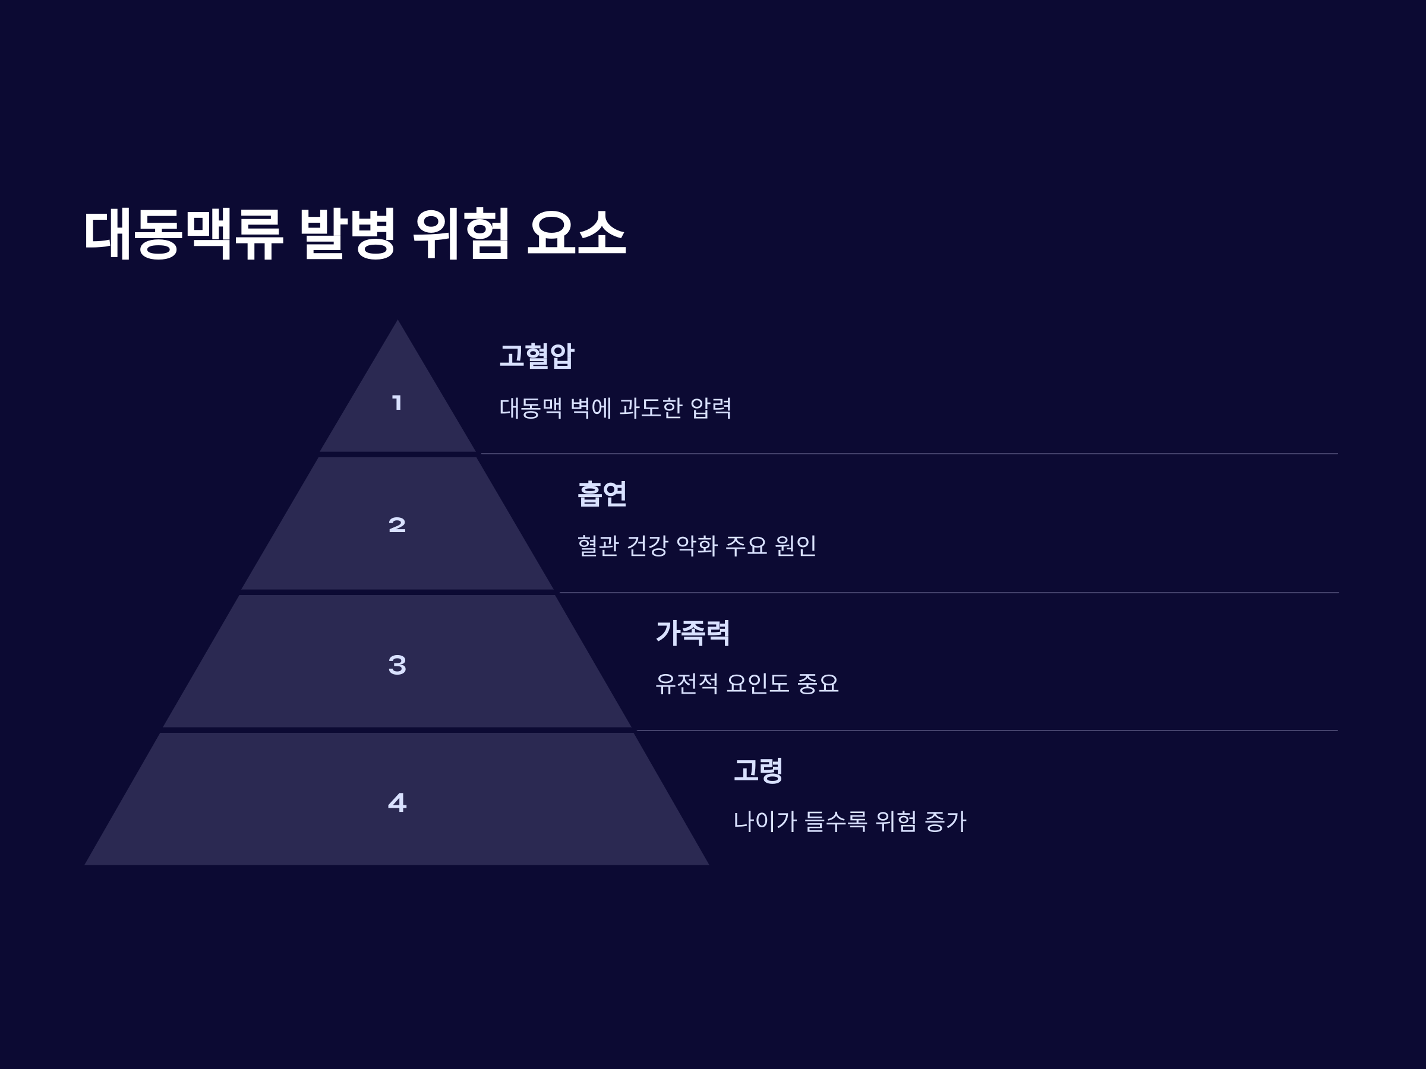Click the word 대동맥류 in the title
(x=183, y=233)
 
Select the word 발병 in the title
(x=347, y=233)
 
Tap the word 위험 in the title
(x=462, y=233)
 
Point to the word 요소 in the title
(x=576, y=233)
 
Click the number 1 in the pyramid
(x=397, y=403)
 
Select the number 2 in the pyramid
(x=397, y=525)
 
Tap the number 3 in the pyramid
(x=397, y=665)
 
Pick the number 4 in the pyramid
(x=397, y=802)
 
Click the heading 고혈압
(x=537, y=356)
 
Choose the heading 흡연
(x=601, y=494)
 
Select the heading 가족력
(x=692, y=632)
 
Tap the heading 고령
(x=758, y=770)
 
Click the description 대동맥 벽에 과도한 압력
(x=615, y=408)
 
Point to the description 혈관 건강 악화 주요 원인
(x=696, y=546)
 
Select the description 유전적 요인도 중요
(x=746, y=684)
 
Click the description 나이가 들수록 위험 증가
(x=849, y=821)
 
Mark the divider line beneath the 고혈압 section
(x=909, y=454)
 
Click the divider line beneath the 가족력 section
(x=986, y=730)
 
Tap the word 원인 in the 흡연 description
(x=796, y=546)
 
